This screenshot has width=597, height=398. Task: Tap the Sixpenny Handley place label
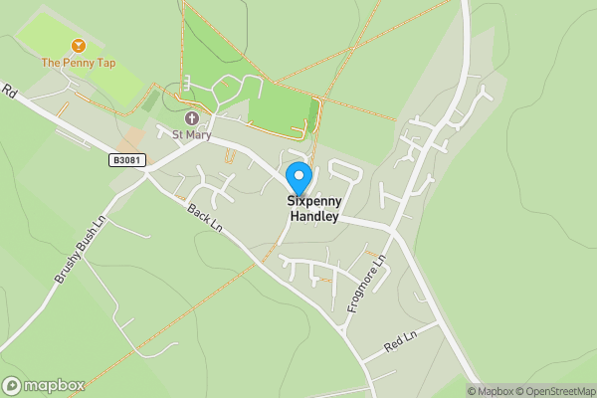click(x=313, y=208)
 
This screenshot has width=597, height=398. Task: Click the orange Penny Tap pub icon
click(x=78, y=46)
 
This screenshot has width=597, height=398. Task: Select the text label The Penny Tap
click(x=78, y=63)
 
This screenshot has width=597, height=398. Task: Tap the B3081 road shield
click(x=123, y=158)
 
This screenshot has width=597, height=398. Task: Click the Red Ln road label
click(x=400, y=343)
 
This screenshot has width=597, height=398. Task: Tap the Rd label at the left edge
click(x=10, y=93)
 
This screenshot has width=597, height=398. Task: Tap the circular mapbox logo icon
click(x=13, y=386)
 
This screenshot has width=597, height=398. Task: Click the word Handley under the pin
click(x=313, y=216)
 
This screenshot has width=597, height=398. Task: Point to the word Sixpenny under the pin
click(x=313, y=200)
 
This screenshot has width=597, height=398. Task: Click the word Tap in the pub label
click(x=105, y=63)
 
